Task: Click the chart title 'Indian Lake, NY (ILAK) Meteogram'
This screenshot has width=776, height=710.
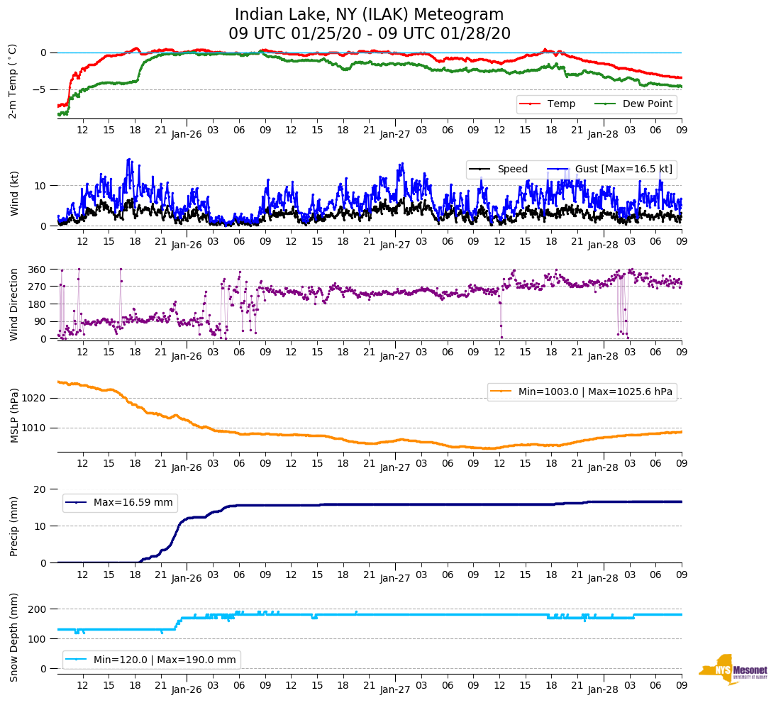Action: (370, 15)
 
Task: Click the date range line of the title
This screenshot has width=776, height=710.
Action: (370, 34)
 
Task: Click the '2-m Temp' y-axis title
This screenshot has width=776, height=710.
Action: (13, 81)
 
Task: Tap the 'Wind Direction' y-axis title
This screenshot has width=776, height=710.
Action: (14, 304)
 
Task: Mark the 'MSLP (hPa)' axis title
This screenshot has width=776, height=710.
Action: (14, 416)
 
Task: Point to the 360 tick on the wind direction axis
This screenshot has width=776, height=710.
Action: (38, 270)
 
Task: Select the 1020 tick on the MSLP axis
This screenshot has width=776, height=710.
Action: (35, 398)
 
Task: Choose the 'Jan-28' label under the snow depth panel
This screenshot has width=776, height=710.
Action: (604, 689)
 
